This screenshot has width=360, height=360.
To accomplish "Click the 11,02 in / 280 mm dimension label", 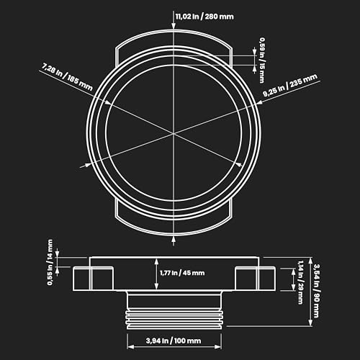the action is pyautogui.click(x=204, y=17).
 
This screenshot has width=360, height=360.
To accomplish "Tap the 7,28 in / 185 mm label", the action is pyautogui.click(x=67, y=76).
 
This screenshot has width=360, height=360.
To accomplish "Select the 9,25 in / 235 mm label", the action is pyautogui.click(x=290, y=85).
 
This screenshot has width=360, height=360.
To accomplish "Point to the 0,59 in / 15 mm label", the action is pyautogui.click(x=262, y=60).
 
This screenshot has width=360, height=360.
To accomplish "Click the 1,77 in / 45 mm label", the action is pyautogui.click(x=182, y=273).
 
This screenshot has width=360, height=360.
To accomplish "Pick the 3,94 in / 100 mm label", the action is pyautogui.click(x=174, y=341).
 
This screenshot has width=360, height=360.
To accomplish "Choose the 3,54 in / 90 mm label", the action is pyautogui.click(x=317, y=291).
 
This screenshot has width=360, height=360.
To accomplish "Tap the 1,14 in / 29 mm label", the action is pyautogui.click(x=300, y=282).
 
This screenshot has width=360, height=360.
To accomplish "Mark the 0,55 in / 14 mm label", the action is pyautogui.click(x=50, y=262).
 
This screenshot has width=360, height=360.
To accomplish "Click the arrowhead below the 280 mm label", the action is pyautogui.click(x=174, y=27).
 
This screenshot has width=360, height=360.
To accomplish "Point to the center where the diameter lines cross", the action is pyautogui.click(x=174, y=132).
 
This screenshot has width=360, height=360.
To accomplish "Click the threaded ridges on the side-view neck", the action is pyautogui.click(x=174, y=320).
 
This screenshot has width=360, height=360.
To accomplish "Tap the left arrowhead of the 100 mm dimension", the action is pyautogui.click(x=130, y=347).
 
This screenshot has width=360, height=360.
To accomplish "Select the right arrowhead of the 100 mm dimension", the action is pyautogui.click(x=218, y=347).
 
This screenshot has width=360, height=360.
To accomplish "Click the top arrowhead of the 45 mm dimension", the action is pyautogui.click(x=156, y=261).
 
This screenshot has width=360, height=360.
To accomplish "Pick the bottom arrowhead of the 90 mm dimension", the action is pyautogui.click(x=310, y=323).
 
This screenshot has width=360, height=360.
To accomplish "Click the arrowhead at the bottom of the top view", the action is pyautogui.click(x=174, y=239).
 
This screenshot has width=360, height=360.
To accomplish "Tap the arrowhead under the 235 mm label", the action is pyautogui.click(x=259, y=102).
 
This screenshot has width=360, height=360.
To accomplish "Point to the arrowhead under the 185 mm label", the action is pyautogui.click(x=108, y=102).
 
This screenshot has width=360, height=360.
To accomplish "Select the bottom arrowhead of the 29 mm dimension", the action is pyautogui.click(x=293, y=287).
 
